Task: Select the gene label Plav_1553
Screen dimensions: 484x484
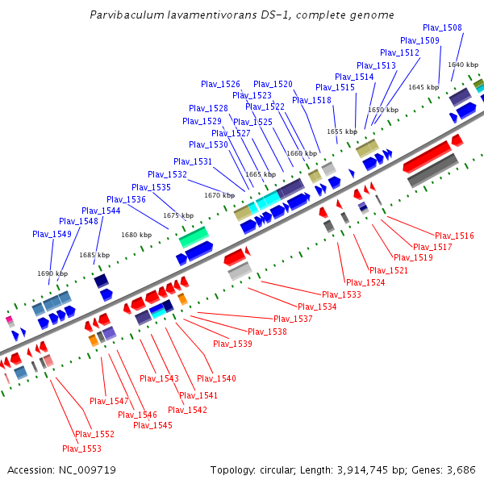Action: (x=82, y=449)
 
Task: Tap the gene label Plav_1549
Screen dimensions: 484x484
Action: (x=52, y=234)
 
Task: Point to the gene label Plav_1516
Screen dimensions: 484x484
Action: (x=454, y=236)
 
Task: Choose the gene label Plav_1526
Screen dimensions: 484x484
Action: (x=220, y=84)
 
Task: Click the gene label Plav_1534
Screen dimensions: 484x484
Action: (x=317, y=307)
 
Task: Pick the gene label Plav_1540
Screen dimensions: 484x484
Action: (x=216, y=378)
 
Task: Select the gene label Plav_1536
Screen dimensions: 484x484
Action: (x=126, y=199)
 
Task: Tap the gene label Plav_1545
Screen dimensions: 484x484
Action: (x=152, y=425)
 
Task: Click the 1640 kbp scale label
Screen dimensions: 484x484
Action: (x=463, y=64)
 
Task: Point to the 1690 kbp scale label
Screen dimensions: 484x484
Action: (x=52, y=273)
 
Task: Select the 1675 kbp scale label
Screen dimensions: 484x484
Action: (x=178, y=215)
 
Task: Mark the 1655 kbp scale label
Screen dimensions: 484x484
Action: (x=341, y=131)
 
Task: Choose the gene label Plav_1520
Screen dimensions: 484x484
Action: (x=273, y=84)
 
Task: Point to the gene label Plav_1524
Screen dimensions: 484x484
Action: (x=365, y=282)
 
